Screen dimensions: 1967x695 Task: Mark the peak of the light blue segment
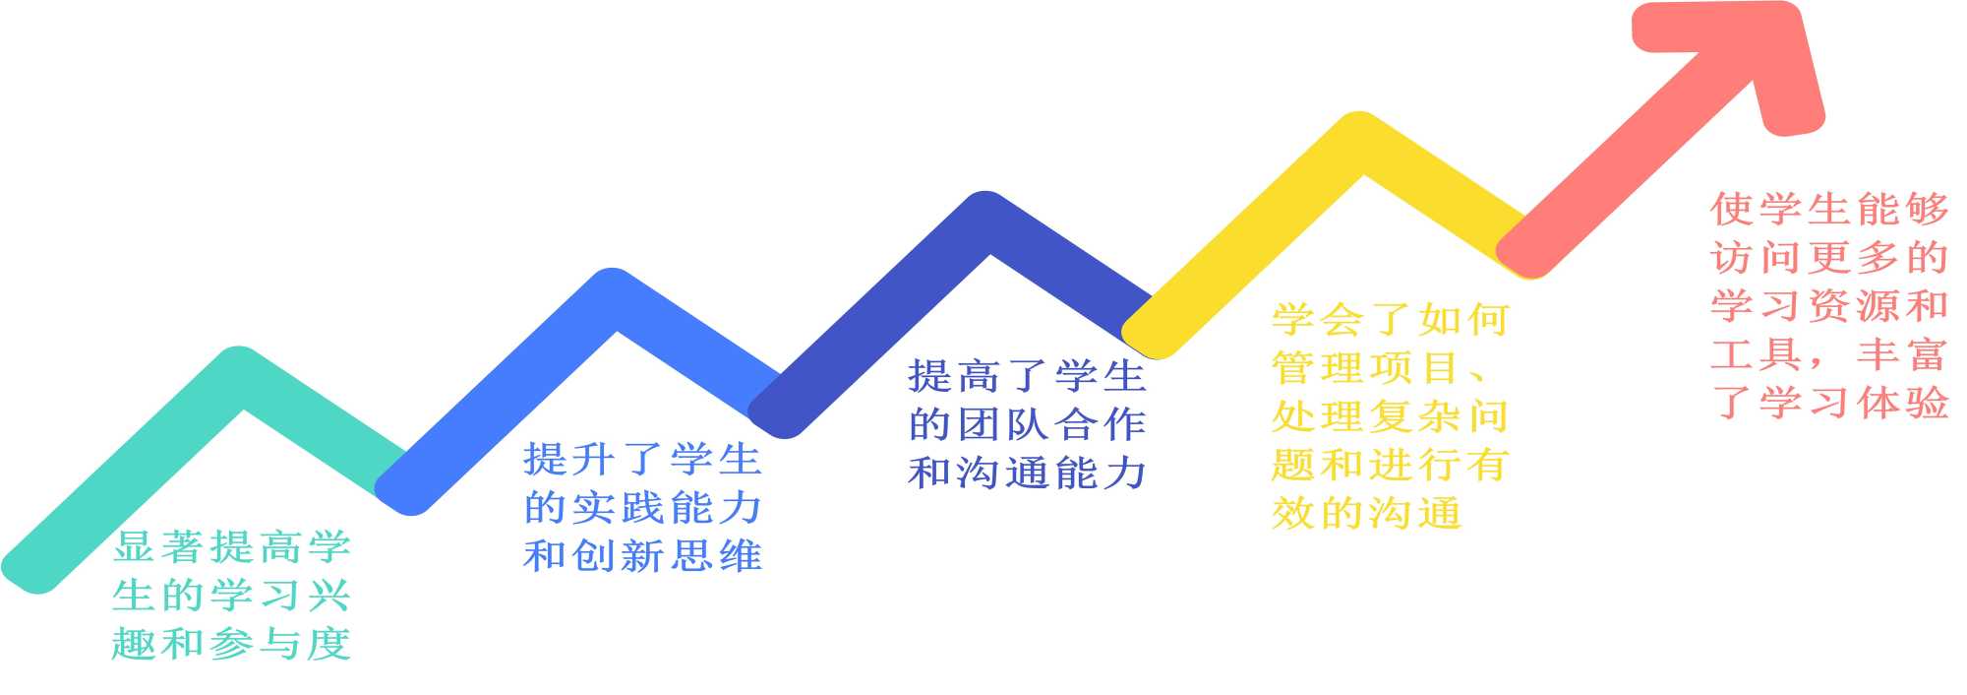coord(613,298)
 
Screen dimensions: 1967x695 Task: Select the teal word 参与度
coord(280,644)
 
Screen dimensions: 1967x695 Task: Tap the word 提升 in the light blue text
coord(569,460)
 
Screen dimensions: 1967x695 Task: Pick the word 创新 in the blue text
coord(619,556)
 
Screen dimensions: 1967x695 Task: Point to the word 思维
coord(716,556)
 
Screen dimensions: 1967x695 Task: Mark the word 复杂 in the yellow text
coord(1414,416)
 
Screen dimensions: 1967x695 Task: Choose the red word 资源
coord(1854,305)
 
